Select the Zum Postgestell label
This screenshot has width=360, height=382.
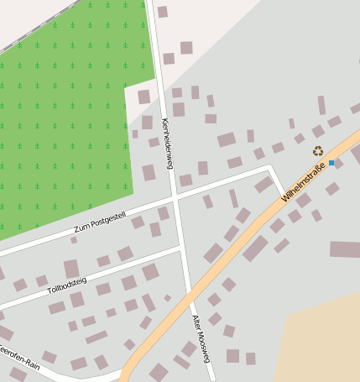click(99, 222)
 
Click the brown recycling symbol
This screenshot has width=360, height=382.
click(318, 151)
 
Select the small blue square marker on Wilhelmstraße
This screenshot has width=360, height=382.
click(331, 163)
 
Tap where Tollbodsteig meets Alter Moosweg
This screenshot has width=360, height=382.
click(182, 249)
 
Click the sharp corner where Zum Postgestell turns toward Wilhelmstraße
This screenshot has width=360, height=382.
click(270, 167)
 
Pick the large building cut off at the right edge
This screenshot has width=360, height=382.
click(345, 249)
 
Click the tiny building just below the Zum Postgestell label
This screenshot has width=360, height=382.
click(74, 240)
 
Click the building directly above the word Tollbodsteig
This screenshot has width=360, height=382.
click(71, 268)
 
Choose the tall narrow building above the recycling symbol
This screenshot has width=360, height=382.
click(321, 105)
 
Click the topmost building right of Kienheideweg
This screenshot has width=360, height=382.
click(162, 12)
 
